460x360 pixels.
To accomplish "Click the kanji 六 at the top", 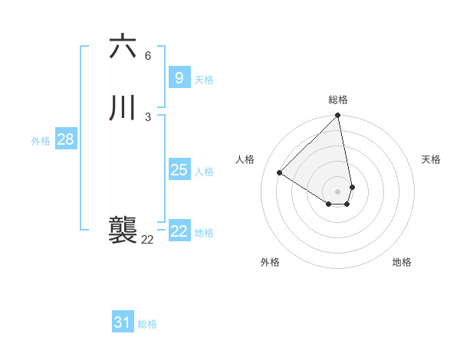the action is pyautogui.click(x=123, y=46).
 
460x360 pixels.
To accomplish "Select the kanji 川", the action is pyautogui.click(x=123, y=108).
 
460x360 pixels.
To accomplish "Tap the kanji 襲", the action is pyautogui.click(x=123, y=230).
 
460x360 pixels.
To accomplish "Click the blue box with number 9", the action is pyautogui.click(x=179, y=78).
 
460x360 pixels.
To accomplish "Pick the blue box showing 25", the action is pyautogui.click(x=179, y=170).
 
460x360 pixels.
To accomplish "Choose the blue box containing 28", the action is pyautogui.click(x=65, y=139).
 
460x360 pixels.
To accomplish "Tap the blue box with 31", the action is pyautogui.click(x=123, y=322).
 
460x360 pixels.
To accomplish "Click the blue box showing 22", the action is pyautogui.click(x=179, y=231).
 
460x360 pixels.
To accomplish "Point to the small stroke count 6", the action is pyautogui.click(x=147, y=55).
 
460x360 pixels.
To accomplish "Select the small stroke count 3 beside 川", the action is pyautogui.click(x=147, y=116).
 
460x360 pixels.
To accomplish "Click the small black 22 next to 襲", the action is pyautogui.click(x=147, y=240).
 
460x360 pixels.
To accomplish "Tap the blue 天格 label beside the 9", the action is pyautogui.click(x=204, y=80).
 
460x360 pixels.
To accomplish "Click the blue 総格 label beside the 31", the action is pyautogui.click(x=147, y=324).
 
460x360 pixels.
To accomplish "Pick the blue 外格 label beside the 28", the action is pyautogui.click(x=41, y=141).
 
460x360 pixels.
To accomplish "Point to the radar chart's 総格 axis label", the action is pyautogui.click(x=338, y=100).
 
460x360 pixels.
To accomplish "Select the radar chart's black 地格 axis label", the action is pyautogui.click(x=402, y=262).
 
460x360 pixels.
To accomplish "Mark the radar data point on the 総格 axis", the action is pyautogui.click(x=338, y=116).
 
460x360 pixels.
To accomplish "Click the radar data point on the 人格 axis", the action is pyautogui.click(x=280, y=173).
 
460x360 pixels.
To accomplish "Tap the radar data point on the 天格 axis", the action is pyautogui.click(x=352, y=187).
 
